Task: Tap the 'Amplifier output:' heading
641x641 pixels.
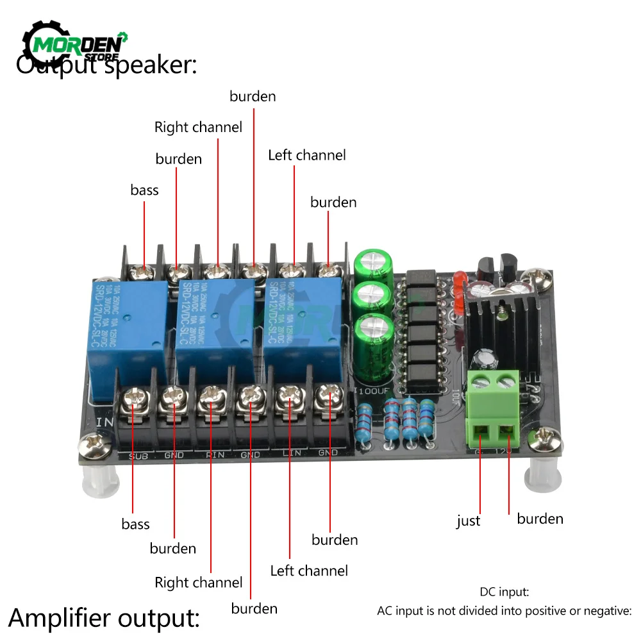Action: coord(104,618)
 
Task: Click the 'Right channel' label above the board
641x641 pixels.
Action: coord(198,127)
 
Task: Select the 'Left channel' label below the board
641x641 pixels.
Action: coord(308,570)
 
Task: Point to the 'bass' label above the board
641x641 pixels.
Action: coord(144,190)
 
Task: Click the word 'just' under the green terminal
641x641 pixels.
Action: coord(468,521)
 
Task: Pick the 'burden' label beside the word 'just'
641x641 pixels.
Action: coord(540,519)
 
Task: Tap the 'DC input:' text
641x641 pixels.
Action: coord(504,593)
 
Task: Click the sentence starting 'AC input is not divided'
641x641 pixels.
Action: coord(504,611)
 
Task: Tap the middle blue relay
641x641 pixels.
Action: coord(214,324)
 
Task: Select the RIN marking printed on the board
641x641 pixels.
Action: coord(213,455)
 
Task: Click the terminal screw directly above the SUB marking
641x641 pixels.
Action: coord(136,398)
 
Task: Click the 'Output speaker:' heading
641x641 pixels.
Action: coord(106,64)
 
